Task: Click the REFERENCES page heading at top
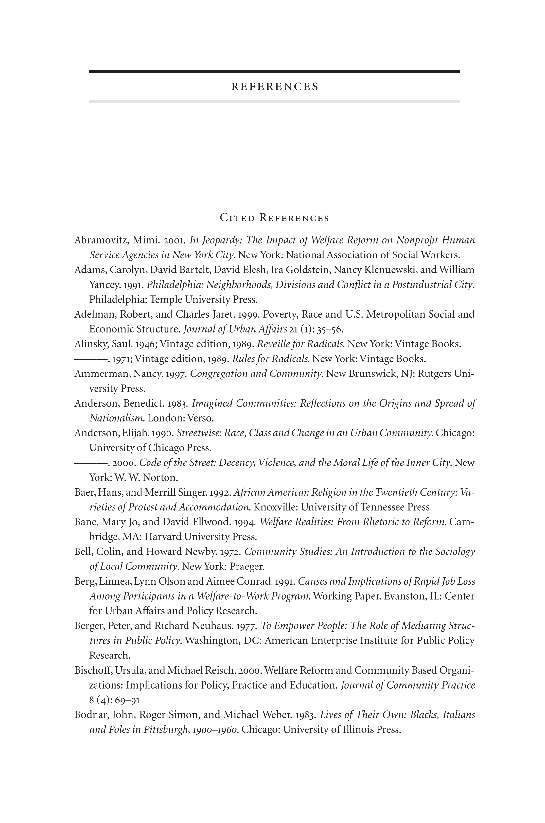coord(274,87)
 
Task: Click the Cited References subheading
coord(274,218)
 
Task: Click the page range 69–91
coord(127,700)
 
